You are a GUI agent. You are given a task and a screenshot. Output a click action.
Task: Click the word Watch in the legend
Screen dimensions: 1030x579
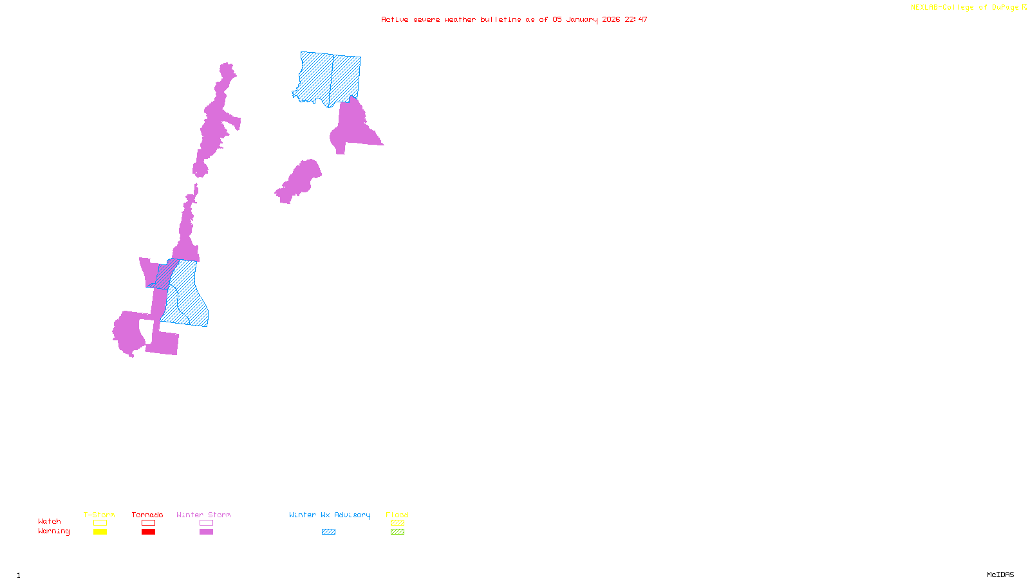pos(50,522)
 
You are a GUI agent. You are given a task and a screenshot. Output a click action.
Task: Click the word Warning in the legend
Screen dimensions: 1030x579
pos(54,531)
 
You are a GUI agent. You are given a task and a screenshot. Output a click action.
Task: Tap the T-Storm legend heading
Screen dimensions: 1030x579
pos(99,515)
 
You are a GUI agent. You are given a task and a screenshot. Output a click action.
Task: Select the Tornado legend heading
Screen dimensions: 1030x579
pos(147,515)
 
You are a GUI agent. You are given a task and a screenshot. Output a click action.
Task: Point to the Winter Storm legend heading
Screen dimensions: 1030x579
pos(203,515)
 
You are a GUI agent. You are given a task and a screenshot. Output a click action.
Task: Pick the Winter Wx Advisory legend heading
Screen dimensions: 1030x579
pos(330,515)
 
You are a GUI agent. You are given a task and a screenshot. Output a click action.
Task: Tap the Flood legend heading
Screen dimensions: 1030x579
pos(397,515)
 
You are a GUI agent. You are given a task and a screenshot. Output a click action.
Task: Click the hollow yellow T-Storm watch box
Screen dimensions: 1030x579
pos(100,523)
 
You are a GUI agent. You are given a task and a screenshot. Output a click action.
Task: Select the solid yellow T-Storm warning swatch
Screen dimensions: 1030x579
pos(100,532)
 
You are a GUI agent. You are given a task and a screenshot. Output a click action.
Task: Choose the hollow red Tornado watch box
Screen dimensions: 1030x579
pos(148,523)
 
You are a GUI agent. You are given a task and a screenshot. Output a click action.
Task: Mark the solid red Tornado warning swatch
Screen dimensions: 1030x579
pos(148,532)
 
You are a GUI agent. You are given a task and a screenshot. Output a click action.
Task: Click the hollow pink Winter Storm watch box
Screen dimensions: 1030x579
pos(206,523)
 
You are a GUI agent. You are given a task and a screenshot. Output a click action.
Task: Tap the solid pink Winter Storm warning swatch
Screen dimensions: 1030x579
pos(206,532)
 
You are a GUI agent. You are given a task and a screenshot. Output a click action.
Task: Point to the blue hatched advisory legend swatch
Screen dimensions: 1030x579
pos(328,532)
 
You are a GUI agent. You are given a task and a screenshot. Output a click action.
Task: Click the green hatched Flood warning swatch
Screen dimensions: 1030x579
pos(397,532)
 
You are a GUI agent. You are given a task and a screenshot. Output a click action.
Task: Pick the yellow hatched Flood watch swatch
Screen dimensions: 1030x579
pos(397,523)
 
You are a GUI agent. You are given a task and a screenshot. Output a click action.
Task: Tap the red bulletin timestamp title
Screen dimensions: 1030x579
pos(514,20)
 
